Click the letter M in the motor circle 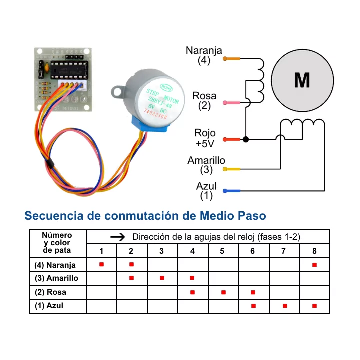[302, 80]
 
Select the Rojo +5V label [205, 138]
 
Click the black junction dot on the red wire [246, 139]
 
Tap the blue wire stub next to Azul [232, 191]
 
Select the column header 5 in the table [222, 251]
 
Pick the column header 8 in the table [314, 251]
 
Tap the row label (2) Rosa [50, 292]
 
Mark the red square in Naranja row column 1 [101, 264]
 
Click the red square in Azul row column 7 [284, 305]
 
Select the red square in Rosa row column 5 [223, 292]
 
